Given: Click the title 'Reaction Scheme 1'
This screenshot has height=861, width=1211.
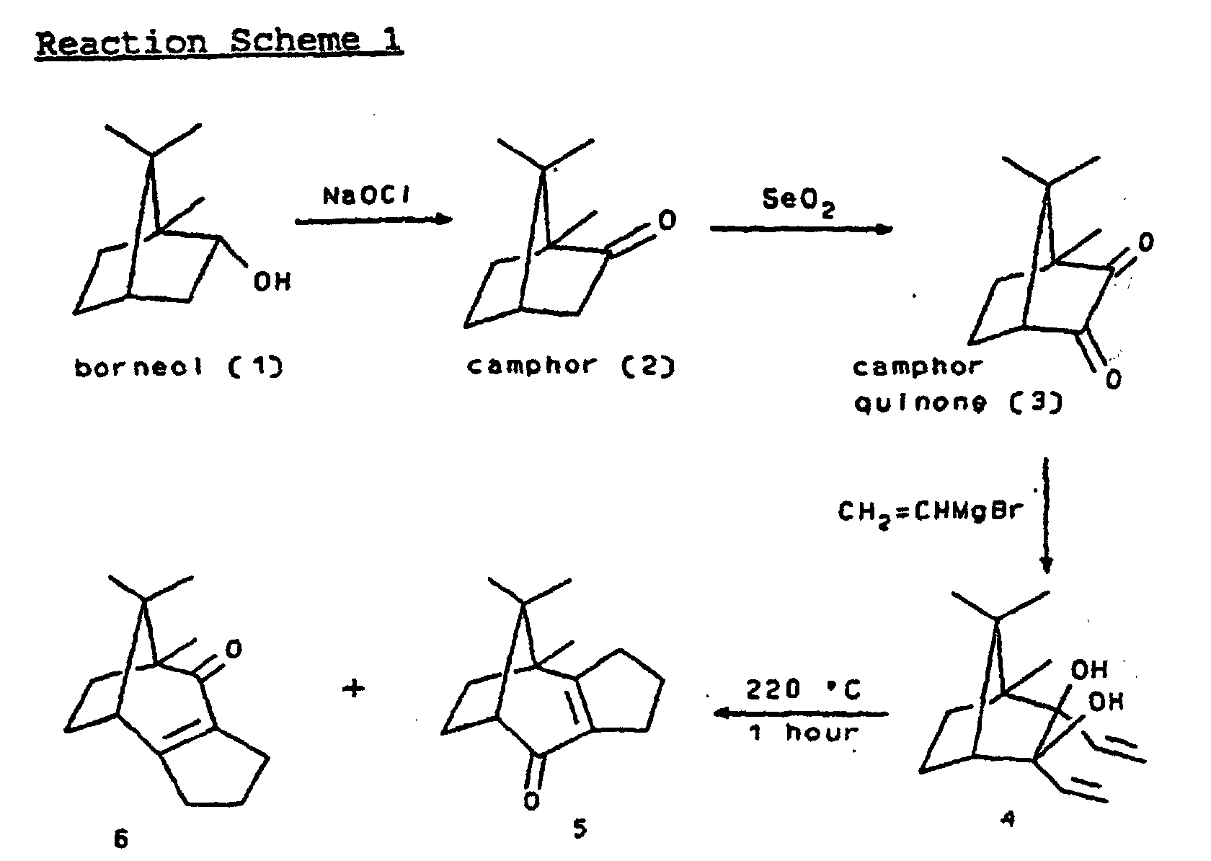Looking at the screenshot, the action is click(219, 42).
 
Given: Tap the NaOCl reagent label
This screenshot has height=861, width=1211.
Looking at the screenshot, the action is click(366, 196).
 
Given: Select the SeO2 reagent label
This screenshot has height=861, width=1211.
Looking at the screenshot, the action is click(798, 201).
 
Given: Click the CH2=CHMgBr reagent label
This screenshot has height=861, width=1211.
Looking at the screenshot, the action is click(931, 512).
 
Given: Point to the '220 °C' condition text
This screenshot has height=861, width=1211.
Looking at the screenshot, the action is click(803, 689).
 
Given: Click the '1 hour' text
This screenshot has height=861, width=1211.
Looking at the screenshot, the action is click(803, 733).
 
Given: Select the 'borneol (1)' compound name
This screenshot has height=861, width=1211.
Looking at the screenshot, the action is click(179, 368).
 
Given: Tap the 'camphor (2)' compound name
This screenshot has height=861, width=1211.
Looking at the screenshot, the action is click(571, 366).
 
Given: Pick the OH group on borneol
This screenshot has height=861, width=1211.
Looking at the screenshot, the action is click(272, 282).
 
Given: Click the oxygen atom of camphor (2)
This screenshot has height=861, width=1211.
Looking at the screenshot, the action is click(667, 220).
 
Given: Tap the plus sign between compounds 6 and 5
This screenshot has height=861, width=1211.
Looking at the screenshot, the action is click(353, 689).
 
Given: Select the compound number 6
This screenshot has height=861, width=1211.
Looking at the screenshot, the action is click(121, 839).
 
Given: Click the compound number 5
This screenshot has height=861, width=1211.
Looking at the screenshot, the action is click(580, 828).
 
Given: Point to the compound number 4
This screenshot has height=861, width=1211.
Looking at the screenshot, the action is click(1007, 820).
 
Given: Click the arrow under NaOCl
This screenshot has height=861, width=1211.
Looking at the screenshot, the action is click(373, 219).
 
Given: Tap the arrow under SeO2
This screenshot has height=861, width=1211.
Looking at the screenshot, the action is click(802, 229).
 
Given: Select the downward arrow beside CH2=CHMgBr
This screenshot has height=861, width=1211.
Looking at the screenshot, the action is click(1046, 515).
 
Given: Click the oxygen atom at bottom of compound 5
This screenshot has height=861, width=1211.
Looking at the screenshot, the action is click(531, 801).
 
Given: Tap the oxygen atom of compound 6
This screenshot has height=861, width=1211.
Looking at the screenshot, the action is click(234, 648).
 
